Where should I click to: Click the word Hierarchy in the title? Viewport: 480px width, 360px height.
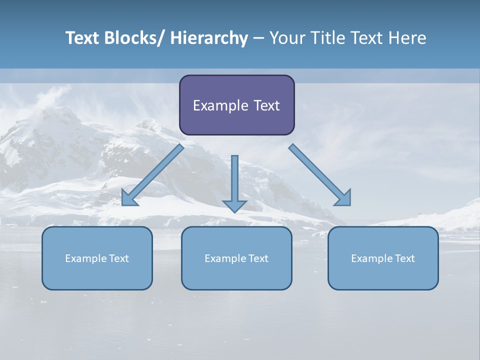coord(209,38)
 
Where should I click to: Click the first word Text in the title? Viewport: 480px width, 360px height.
coord(82,38)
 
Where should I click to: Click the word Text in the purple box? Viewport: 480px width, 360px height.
coord(267,105)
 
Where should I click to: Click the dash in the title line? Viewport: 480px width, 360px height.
coord(258,38)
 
